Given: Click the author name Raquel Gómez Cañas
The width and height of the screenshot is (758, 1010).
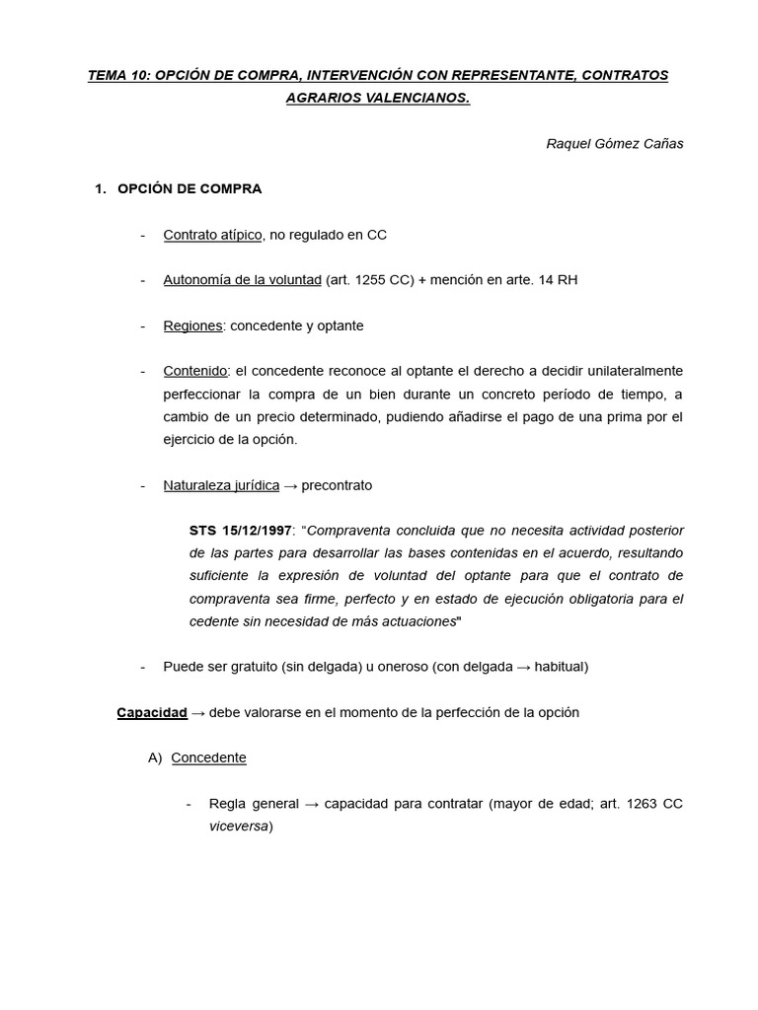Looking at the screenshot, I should (614, 144).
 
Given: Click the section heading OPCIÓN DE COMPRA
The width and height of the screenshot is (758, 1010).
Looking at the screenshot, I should (189, 188).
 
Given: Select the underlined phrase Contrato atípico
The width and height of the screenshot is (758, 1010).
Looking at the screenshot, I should (212, 235).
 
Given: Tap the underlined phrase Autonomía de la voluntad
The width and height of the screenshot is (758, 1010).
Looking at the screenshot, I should (242, 280).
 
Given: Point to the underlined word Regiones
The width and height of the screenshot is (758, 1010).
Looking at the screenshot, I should (192, 325).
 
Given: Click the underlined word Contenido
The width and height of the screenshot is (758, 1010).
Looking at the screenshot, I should (195, 371).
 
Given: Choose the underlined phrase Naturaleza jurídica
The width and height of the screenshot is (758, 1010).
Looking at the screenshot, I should (221, 485).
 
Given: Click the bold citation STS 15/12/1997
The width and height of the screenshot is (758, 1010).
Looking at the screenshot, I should (240, 531).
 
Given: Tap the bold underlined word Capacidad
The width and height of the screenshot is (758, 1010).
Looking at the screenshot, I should (152, 712).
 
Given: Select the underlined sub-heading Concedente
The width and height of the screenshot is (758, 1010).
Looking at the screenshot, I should (208, 757).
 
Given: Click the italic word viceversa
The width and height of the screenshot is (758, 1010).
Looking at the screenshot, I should (239, 827).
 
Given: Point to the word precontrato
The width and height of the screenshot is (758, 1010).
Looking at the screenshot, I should (337, 485).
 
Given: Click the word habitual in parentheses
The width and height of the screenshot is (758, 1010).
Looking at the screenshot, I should (559, 667).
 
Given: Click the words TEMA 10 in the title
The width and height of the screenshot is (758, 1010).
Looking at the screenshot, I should (116, 76).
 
